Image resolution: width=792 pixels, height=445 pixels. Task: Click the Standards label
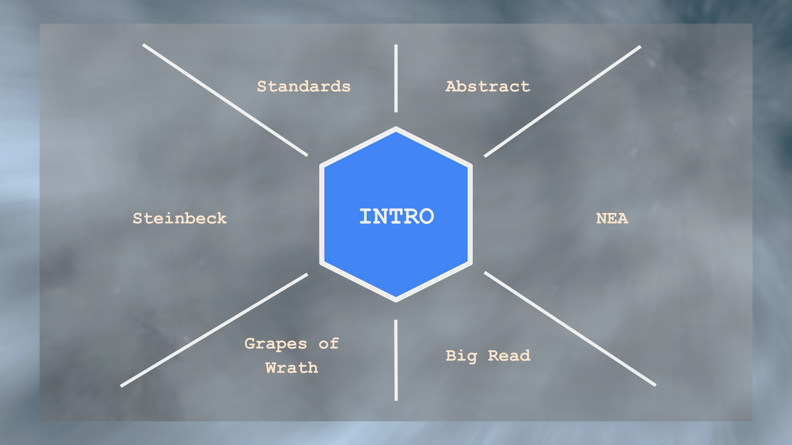coord(303,86)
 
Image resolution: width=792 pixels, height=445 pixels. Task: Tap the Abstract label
coord(488,86)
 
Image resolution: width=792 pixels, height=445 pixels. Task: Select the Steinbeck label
coord(180,218)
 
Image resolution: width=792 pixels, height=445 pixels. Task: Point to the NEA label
coord(612,218)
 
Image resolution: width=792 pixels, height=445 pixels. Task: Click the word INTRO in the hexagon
coord(396,216)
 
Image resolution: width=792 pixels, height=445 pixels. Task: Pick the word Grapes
coord(276,344)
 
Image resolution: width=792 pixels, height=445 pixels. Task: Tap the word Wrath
coord(292,368)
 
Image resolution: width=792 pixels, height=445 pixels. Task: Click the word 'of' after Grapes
coord(329,343)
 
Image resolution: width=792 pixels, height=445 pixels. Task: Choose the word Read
coord(509,356)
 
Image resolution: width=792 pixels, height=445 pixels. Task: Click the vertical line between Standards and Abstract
coord(396,78)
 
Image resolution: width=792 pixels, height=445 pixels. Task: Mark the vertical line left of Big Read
coord(396,360)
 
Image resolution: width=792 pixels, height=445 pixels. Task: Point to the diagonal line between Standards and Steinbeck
coord(225,100)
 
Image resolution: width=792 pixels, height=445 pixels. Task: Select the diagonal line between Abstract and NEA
coord(562,101)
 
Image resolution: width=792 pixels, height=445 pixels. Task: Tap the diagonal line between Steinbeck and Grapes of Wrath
coord(214,330)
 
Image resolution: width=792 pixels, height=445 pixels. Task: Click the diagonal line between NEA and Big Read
coord(570,329)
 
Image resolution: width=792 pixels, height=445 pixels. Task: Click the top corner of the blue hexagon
coord(396,129)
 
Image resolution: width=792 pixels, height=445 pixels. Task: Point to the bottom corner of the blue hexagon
coord(396,300)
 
